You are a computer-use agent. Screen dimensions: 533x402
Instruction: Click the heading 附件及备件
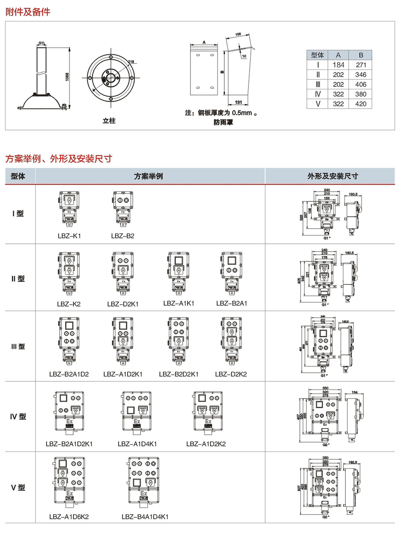pyautogui.click(x=28, y=12)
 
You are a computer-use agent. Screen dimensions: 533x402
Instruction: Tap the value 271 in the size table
pyautogui.click(x=361, y=65)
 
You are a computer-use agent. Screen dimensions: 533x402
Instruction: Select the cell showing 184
pyautogui.click(x=338, y=65)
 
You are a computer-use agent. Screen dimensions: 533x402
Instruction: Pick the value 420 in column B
pyautogui.click(x=361, y=104)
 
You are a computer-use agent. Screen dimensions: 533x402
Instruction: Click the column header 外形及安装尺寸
pyautogui.click(x=332, y=176)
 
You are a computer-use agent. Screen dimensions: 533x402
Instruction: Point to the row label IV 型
pyautogui.click(x=18, y=417)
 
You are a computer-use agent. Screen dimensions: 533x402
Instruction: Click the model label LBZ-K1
pyautogui.click(x=69, y=236)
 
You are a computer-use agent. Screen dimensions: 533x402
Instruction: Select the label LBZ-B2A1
pyautogui.click(x=232, y=303)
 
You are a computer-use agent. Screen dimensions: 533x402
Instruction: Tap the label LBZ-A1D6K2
pyautogui.click(x=69, y=517)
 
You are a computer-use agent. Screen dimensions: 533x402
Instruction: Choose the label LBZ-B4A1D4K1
pyautogui.click(x=145, y=517)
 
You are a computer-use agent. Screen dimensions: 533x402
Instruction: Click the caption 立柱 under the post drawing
pyautogui.click(x=109, y=121)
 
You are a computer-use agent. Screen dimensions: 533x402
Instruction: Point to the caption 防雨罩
pyautogui.click(x=223, y=123)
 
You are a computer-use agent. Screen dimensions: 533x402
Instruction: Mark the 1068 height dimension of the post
pyautogui.click(x=67, y=77)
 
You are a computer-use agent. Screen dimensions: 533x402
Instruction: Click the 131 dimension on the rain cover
pyautogui.click(x=238, y=102)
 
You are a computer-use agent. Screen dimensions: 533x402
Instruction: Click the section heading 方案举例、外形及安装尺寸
pyautogui.click(x=59, y=159)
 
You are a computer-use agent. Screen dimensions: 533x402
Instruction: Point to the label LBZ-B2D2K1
pyautogui.click(x=179, y=374)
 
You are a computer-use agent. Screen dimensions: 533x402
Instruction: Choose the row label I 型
pyautogui.click(x=18, y=213)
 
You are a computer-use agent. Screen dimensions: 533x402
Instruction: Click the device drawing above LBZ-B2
pyautogui.click(x=123, y=209)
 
